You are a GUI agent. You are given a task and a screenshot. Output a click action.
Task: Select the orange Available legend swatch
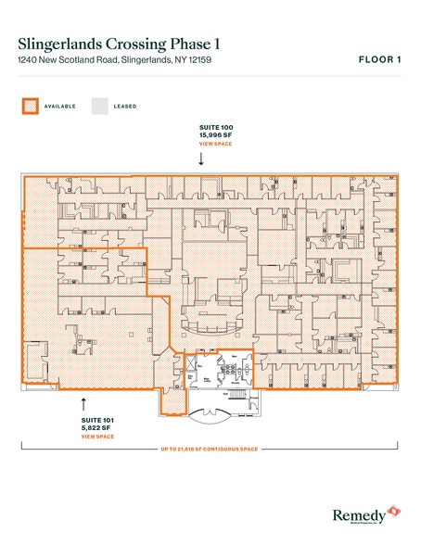click(30, 107)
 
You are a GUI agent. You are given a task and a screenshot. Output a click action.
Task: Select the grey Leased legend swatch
click(98, 107)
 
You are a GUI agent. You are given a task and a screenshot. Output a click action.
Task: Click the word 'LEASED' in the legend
click(125, 107)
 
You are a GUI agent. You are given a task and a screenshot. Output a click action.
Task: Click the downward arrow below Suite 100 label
click(201, 159)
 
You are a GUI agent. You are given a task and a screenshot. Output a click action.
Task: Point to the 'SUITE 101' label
click(97, 419)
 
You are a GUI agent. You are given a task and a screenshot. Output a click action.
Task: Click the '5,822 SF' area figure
click(96, 427)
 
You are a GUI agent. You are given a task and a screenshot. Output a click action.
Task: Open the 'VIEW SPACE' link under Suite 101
click(97, 437)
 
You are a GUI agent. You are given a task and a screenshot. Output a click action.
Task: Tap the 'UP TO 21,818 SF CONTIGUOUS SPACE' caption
click(210, 450)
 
